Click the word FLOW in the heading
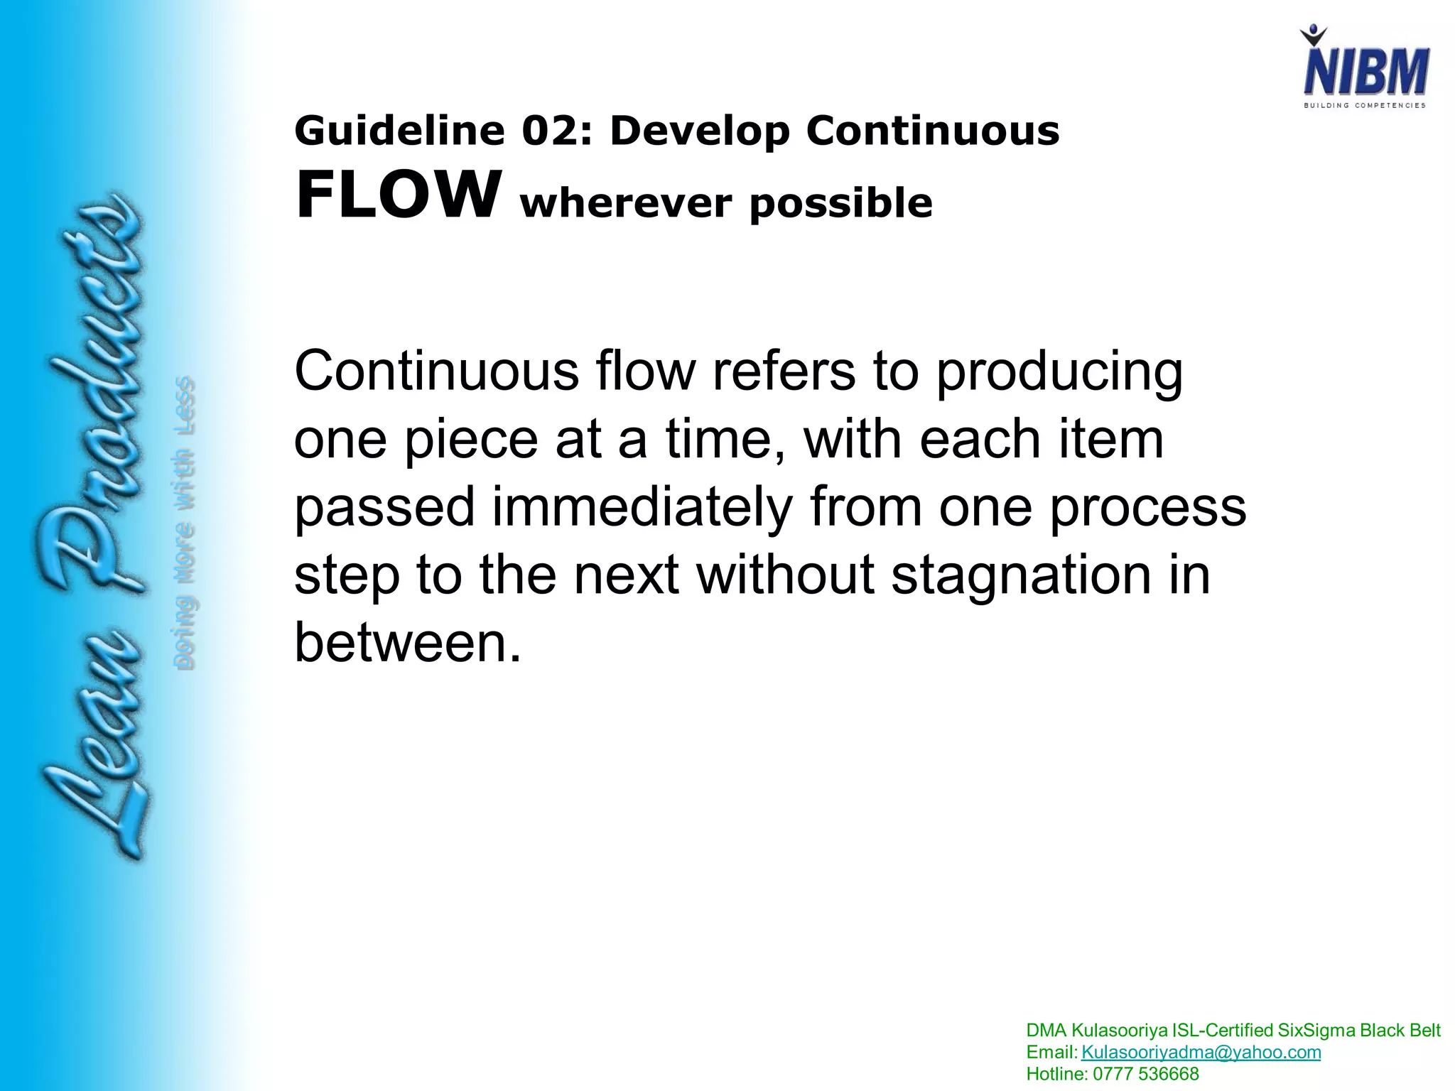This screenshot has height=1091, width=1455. point(395,195)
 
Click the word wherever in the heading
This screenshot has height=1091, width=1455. point(626,204)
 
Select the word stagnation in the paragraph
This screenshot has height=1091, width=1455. point(1020,575)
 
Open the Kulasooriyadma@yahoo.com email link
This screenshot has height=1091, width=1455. point(1201,1052)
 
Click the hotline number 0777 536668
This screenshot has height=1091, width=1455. point(1145,1074)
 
